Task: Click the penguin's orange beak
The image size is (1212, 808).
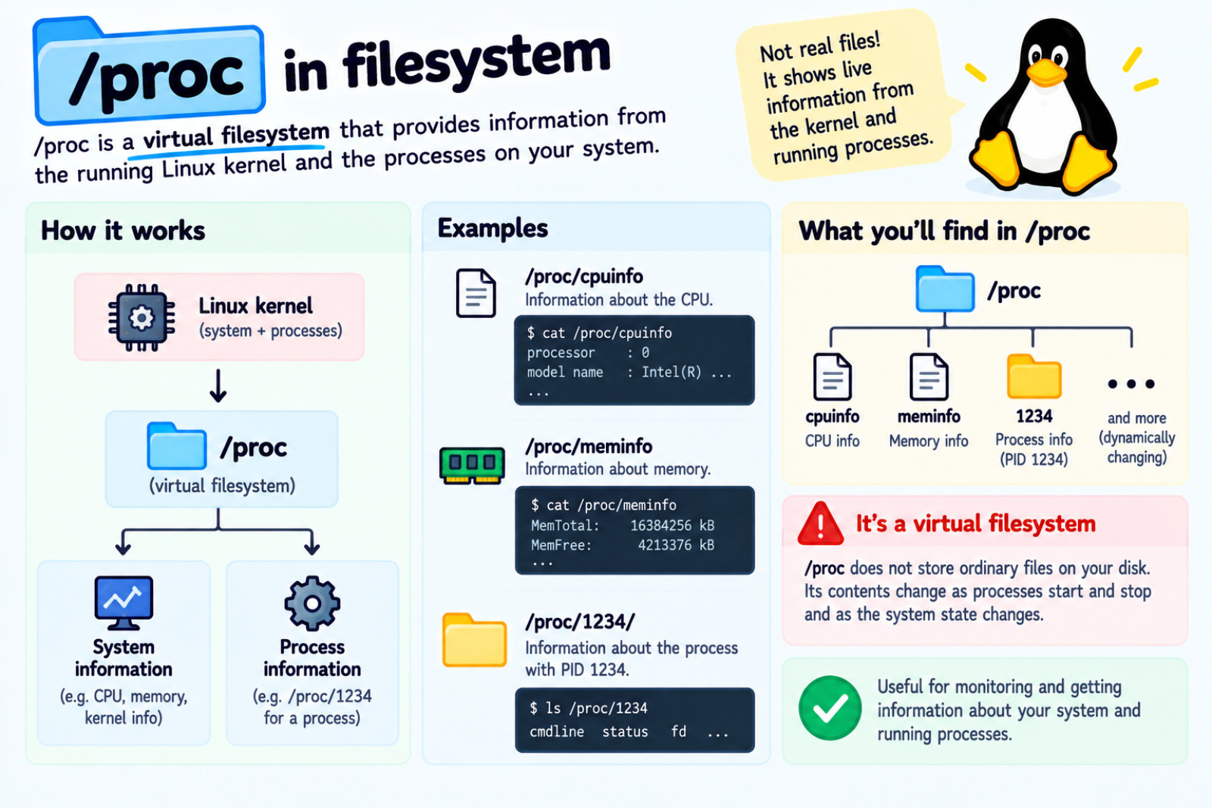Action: pos(1046,73)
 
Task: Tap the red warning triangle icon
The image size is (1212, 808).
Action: pos(820,523)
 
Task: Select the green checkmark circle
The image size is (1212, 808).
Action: pos(830,707)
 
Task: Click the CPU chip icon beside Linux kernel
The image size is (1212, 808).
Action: pos(142,317)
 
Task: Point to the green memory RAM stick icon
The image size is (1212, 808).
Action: pos(473,465)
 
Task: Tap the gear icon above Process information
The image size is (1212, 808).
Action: pos(312,604)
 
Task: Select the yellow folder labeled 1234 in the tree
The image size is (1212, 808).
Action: pos(1034,376)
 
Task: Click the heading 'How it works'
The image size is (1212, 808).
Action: pos(123,230)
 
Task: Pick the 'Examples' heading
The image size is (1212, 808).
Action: pos(493,228)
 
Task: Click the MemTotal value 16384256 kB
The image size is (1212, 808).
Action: pos(672,525)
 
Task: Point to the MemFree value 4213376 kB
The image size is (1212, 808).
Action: pos(676,544)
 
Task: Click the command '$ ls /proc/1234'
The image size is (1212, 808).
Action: pos(589,708)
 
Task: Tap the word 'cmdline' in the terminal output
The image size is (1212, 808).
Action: pos(557,732)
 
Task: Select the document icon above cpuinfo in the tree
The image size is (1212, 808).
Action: pos(832,376)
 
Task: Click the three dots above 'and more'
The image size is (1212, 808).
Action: pos(1132,384)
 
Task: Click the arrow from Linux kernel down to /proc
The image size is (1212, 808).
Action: pos(218,385)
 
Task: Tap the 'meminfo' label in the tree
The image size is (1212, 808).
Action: pos(929,416)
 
